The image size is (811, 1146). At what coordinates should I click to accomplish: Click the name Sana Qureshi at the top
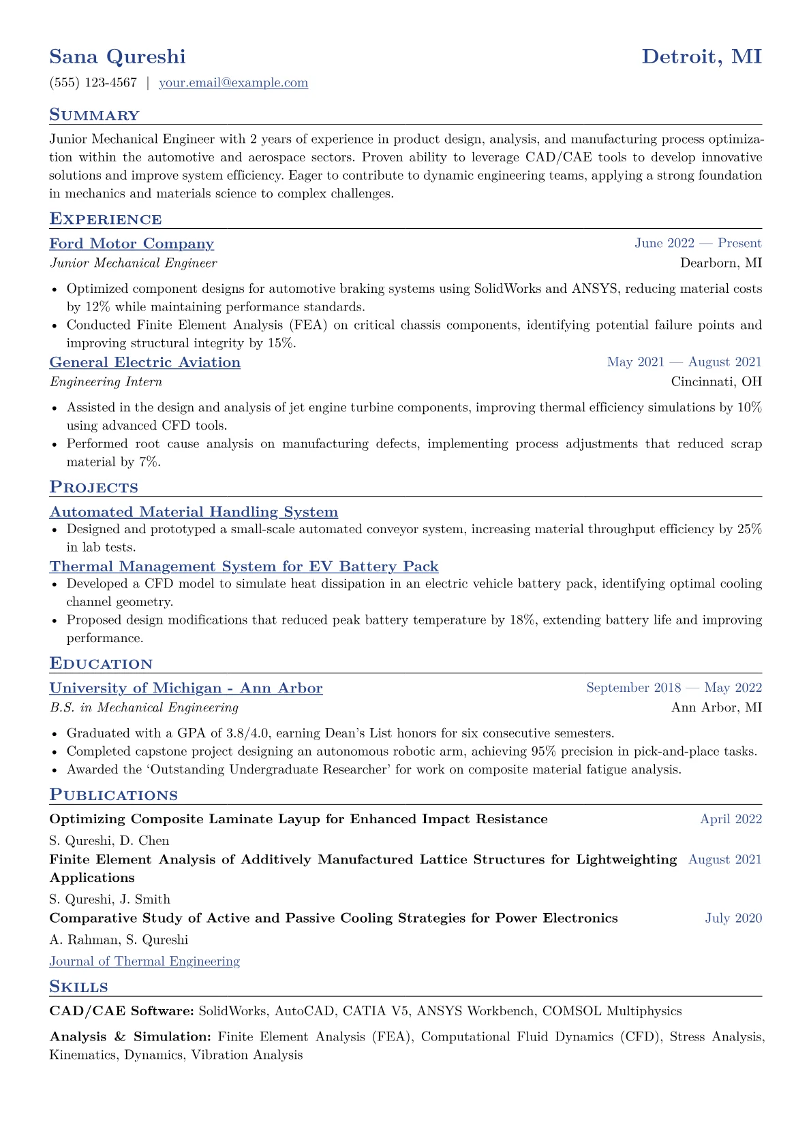tap(117, 57)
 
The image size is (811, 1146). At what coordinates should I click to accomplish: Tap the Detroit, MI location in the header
tap(701, 57)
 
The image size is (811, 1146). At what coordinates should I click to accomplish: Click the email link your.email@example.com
tap(233, 83)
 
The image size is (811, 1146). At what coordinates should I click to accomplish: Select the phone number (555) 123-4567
tap(93, 83)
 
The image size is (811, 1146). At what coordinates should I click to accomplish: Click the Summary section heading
tap(94, 115)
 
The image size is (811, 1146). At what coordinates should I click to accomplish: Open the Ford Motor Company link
tap(132, 244)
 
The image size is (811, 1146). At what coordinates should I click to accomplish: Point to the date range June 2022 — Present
tap(698, 243)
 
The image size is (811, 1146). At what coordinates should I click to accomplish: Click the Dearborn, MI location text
tap(720, 263)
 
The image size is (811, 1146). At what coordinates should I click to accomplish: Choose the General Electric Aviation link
tap(144, 362)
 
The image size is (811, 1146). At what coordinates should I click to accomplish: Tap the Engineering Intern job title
tap(106, 382)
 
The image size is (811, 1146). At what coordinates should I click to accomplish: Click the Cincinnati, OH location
tap(716, 381)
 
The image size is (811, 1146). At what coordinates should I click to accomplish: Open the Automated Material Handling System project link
tap(194, 512)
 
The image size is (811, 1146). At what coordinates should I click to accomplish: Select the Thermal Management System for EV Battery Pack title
tap(244, 567)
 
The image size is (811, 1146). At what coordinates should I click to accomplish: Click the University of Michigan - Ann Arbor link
tap(186, 688)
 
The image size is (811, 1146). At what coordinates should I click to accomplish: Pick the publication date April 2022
tap(731, 819)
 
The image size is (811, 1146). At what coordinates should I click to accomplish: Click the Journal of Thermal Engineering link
tap(144, 961)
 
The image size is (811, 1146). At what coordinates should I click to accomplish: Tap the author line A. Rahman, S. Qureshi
tap(119, 940)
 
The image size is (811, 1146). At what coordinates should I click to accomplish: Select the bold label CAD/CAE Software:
tap(122, 1011)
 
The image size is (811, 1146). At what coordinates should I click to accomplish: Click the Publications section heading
tap(113, 795)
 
